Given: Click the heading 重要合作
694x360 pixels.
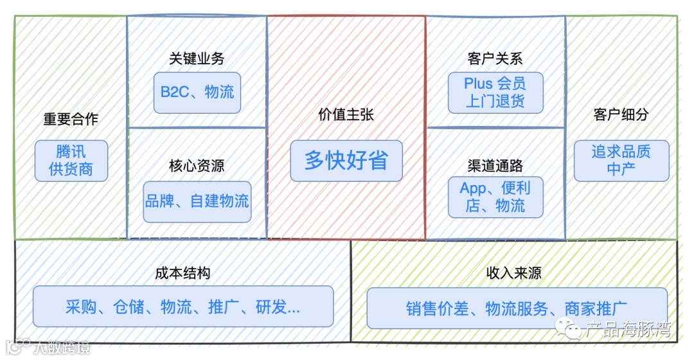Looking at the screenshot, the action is pos(71,119).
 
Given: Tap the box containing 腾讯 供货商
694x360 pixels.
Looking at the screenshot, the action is pos(71,161).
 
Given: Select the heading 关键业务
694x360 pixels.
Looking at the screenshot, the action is pos(197,59).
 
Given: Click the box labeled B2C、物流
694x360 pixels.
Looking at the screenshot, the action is pos(197,91).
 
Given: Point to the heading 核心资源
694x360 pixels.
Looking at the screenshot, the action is pos(197,166).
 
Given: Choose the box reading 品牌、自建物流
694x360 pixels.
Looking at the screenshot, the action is pos(197,201).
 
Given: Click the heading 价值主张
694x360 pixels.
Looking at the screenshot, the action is pos(346,114).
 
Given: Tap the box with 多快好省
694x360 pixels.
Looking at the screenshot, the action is pos(346,161).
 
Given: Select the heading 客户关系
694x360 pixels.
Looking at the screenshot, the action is pos(495,59).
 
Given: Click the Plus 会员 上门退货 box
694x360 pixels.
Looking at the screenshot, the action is pos(495,93).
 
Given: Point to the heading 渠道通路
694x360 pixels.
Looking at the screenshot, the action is pos(495,166).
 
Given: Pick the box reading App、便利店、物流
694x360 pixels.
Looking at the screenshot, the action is pos(495,197).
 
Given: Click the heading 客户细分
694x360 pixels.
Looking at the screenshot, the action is pos(621,114).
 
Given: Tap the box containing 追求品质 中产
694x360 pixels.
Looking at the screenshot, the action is pos(621,161).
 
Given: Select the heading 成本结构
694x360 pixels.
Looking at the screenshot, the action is pos(182,273).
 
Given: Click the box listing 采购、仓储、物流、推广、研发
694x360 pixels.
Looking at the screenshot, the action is pos(182,307).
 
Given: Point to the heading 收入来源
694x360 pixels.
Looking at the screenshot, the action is pos(514,273).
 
